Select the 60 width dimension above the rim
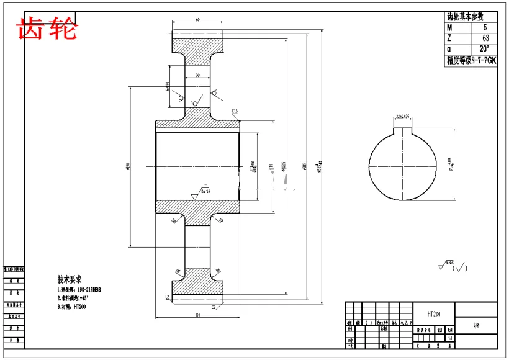[197, 20]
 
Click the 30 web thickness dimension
[197, 75]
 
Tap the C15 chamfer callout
[235, 112]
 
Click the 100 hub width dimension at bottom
[197, 316]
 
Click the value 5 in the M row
[485, 28]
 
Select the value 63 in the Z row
[485, 38]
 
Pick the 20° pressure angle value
[484, 49]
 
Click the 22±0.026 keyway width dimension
[405, 116]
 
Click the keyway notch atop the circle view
[405, 131]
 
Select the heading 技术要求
[70, 279]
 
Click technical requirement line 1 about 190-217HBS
[79, 289]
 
